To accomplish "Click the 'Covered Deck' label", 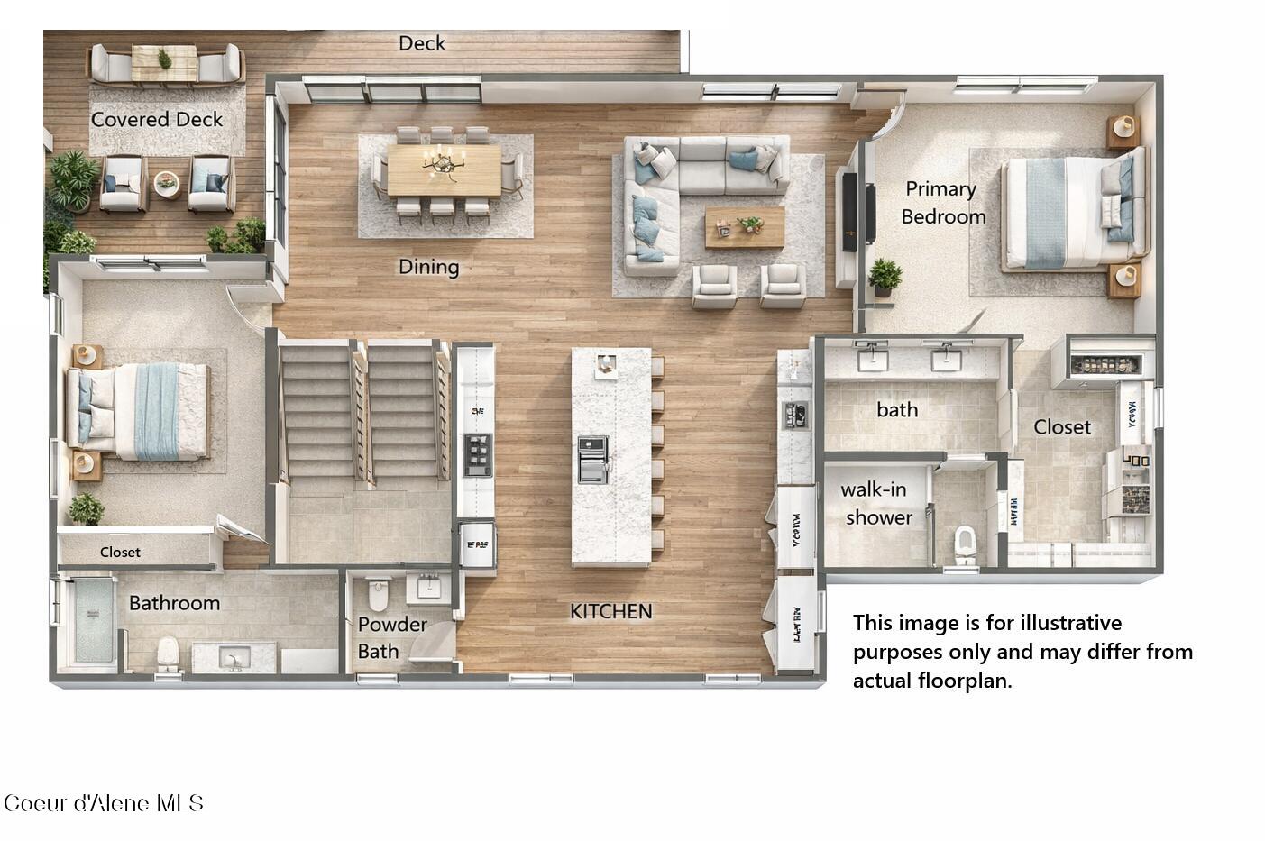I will click(x=157, y=120).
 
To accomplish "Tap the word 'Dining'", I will click(x=429, y=267).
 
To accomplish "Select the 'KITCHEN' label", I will click(x=610, y=611).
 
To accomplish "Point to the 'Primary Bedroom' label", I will click(x=942, y=203).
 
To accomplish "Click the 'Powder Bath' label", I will click(x=392, y=637).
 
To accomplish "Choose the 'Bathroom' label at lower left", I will click(x=174, y=603).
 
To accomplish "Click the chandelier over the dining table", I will click(x=443, y=163).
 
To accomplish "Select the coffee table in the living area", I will click(x=745, y=226).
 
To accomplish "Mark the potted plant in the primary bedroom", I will click(x=885, y=276).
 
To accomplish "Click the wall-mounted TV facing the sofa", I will click(x=870, y=214).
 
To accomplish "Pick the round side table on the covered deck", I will click(x=167, y=183).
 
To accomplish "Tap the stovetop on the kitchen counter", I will click(x=477, y=454).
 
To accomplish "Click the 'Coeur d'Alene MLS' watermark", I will click(x=104, y=803).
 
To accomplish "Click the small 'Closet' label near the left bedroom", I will click(x=120, y=552).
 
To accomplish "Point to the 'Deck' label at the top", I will click(x=422, y=43).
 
